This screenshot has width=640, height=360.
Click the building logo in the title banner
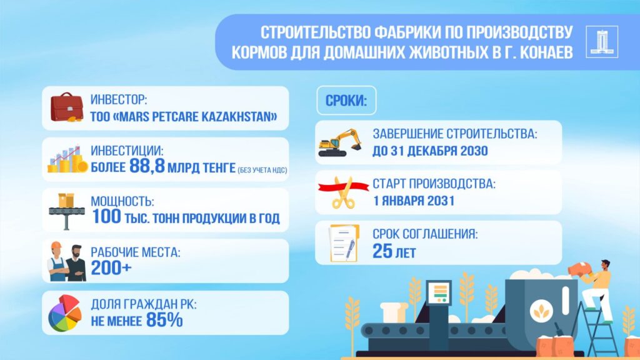[602, 42]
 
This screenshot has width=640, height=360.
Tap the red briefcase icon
[66, 107]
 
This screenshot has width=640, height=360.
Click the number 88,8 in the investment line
[149, 166]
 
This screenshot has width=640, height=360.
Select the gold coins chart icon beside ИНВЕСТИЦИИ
[66, 159]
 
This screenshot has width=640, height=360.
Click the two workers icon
[66, 261]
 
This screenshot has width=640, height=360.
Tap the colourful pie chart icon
[65, 313]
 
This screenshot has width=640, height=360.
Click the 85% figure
[164, 320]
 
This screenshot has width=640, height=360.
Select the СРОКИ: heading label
[346, 101]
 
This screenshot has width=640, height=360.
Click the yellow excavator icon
[340, 142]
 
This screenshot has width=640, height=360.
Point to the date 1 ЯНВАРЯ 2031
[413, 201]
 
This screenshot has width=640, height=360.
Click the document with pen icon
[342, 243]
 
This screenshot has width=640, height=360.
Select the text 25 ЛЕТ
[394, 252]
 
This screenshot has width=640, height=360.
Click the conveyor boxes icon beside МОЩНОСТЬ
[66, 209]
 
